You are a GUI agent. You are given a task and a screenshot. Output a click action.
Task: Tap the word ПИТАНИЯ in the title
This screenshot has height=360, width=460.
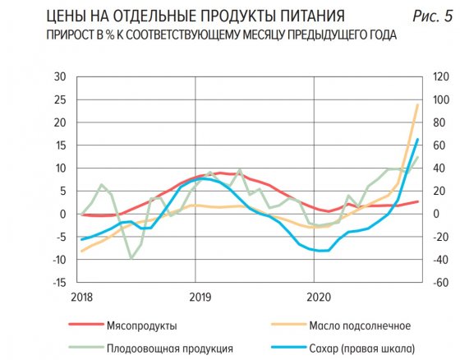pyautogui.click(x=295, y=16)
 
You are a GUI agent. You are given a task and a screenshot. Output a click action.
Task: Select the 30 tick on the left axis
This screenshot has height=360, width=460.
pyautogui.click(x=59, y=76)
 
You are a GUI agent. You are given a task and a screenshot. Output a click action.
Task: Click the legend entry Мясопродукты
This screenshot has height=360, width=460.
pyautogui.click(x=142, y=325)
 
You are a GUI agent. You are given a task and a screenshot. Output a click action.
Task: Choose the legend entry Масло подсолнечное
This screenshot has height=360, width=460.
pyautogui.click(x=356, y=325)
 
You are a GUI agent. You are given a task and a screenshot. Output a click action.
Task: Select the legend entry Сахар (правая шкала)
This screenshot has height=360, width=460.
pyautogui.click(x=362, y=347)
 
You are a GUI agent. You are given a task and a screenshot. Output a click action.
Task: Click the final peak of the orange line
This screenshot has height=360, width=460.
pyautogui.click(x=417, y=104)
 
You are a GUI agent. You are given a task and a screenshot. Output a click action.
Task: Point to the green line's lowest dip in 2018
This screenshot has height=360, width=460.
pyautogui.click(x=131, y=258)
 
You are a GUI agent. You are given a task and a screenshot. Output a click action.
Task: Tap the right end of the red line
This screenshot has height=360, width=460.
pyautogui.click(x=417, y=201)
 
